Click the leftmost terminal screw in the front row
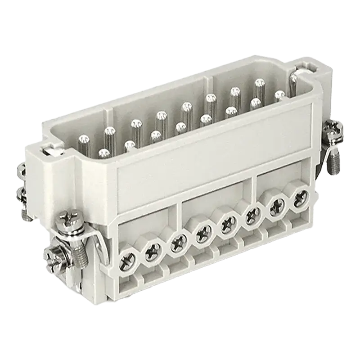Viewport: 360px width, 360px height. tap(126, 260)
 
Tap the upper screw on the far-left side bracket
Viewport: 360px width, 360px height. tap(21, 170)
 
